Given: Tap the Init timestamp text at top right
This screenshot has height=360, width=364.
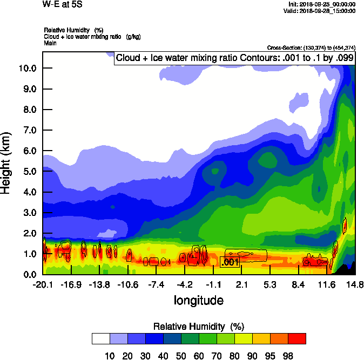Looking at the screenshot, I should coord(321,4).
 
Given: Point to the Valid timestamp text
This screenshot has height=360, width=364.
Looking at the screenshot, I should coord(321,11).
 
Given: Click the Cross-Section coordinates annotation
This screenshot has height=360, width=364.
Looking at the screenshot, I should coord(311,47).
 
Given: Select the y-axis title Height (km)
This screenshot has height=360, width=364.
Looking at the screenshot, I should coord(6,163).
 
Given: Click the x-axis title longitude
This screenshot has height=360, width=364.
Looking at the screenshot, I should coord(198,300).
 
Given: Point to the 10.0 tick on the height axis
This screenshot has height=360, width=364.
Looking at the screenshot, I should coord(27,68).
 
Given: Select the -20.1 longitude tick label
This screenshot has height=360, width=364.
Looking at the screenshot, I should coord(42,284).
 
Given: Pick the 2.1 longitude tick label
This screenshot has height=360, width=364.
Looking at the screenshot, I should coord(241,284).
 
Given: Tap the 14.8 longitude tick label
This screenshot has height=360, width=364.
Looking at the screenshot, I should coord(355,284).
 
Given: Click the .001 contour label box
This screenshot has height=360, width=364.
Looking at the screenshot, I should coord(230,262).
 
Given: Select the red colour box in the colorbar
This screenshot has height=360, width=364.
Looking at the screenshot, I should coord(296,338).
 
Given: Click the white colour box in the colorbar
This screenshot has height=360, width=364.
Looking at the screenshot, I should coord(100,338).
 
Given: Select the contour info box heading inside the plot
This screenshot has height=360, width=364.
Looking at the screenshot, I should coord(235,58).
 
